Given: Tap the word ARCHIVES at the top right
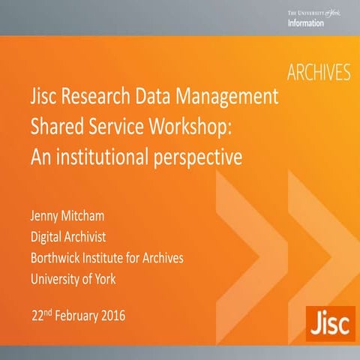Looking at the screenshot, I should coord(319,73).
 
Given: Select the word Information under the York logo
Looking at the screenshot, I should coord(305,23).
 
